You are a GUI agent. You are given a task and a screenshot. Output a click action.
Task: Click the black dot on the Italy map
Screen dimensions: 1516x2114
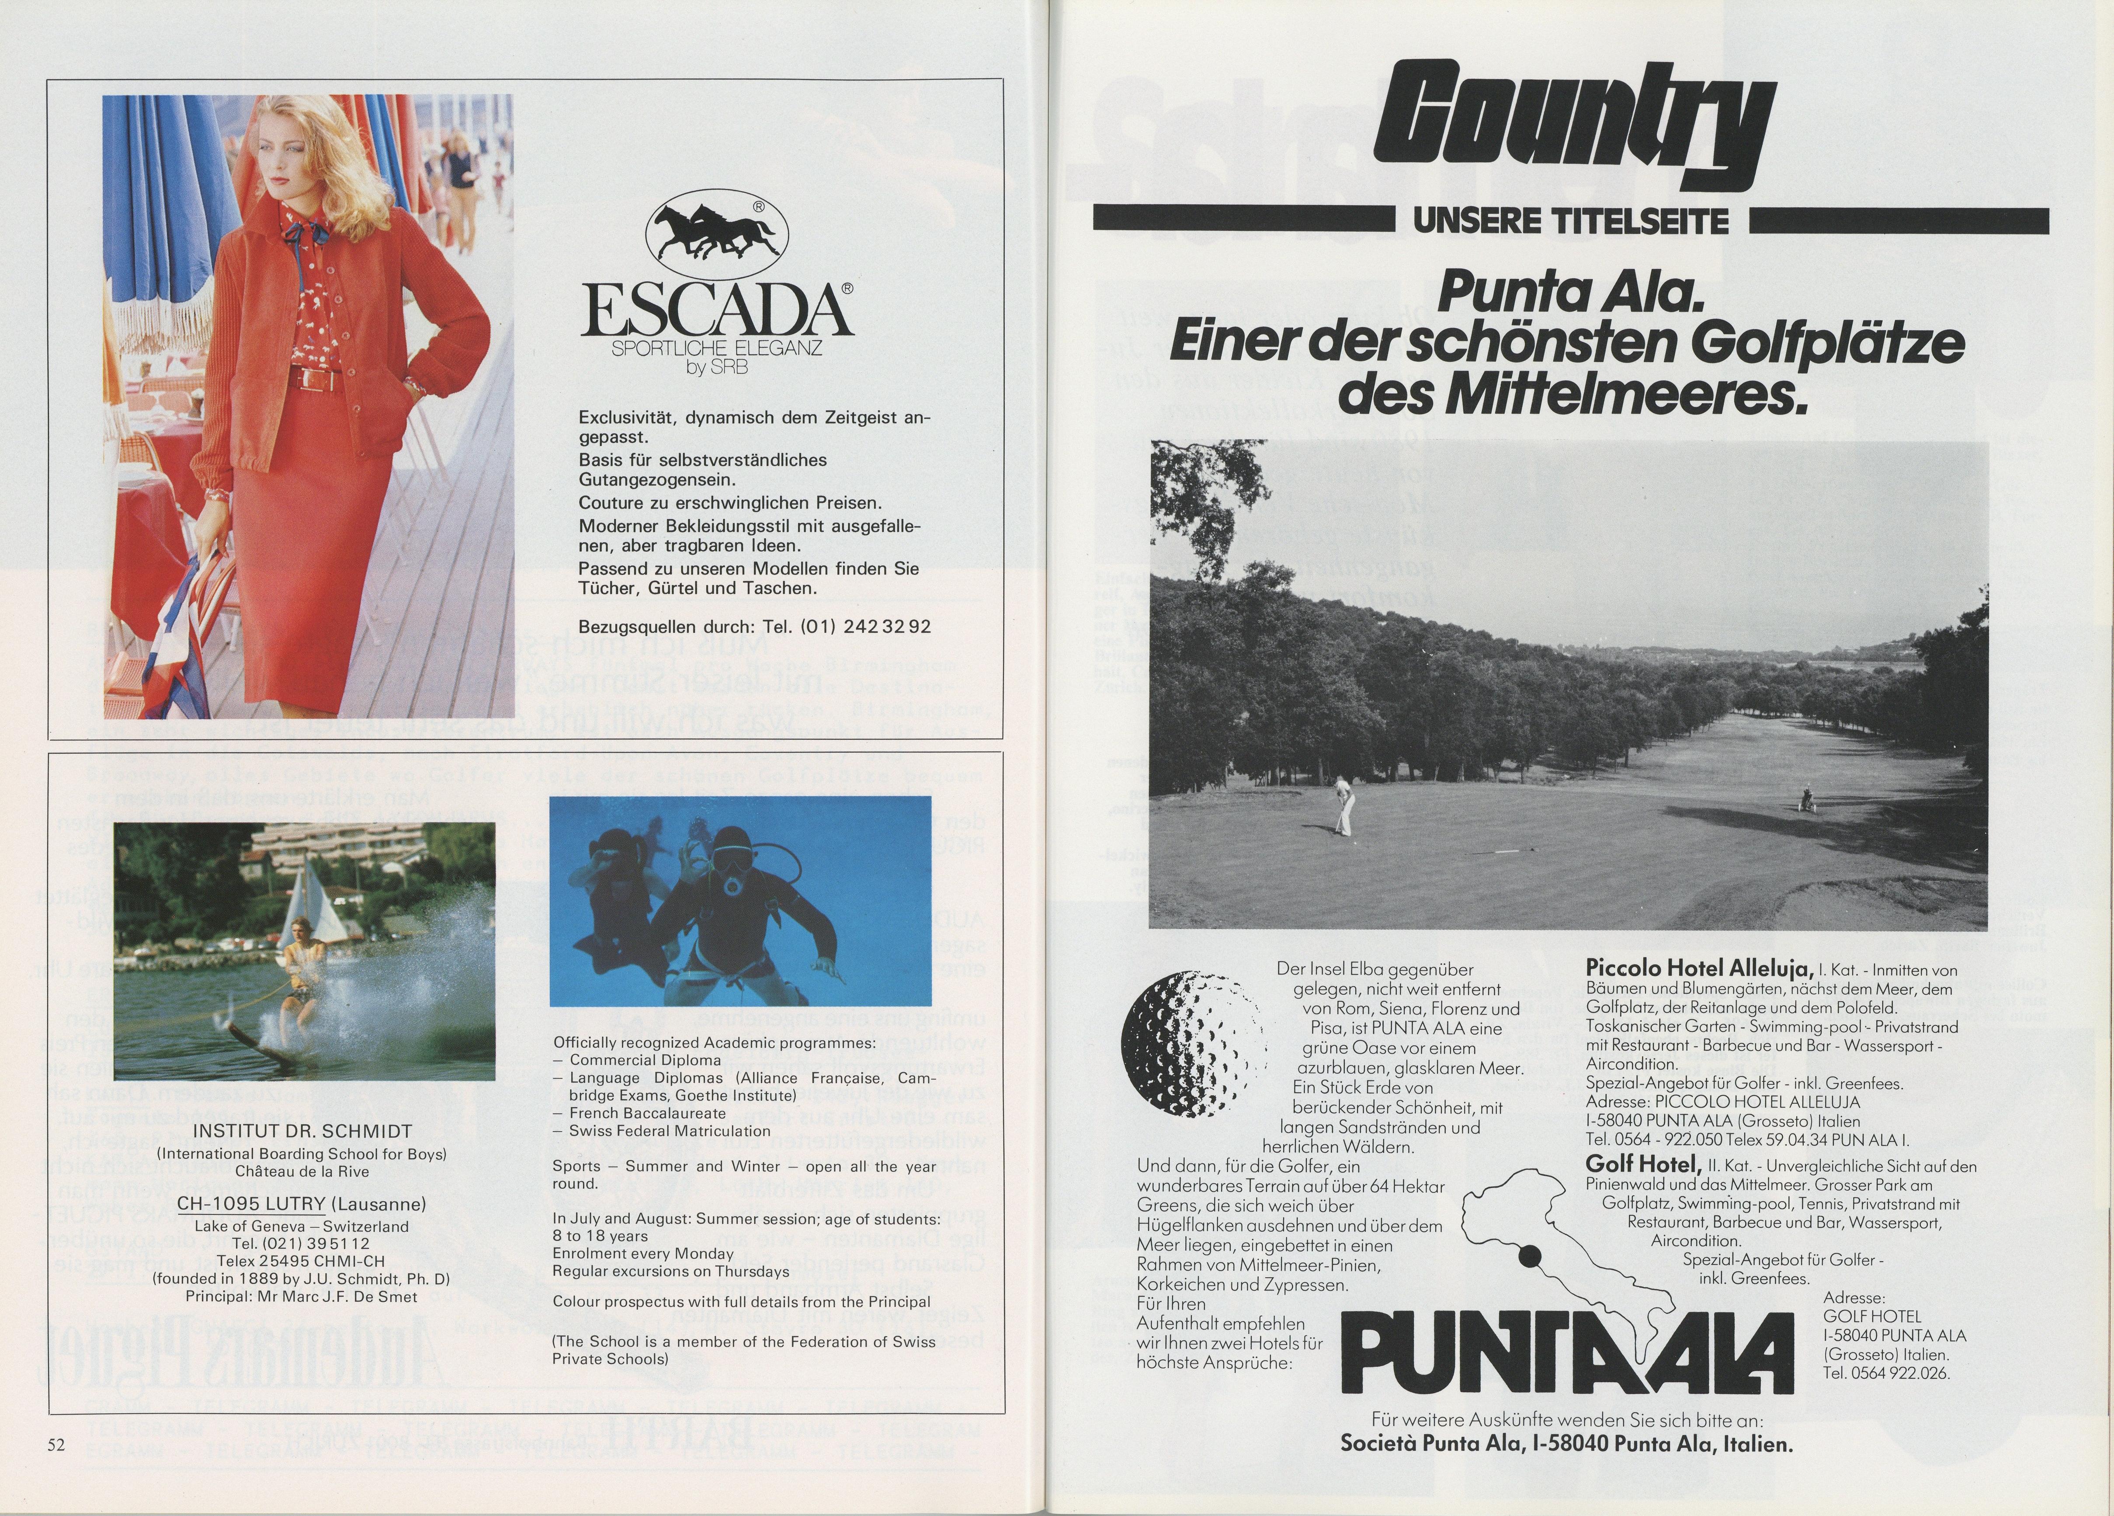pyautogui.click(x=1529, y=1257)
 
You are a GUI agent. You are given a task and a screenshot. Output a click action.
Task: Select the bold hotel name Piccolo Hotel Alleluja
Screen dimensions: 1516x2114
pyautogui.click(x=1698, y=969)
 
